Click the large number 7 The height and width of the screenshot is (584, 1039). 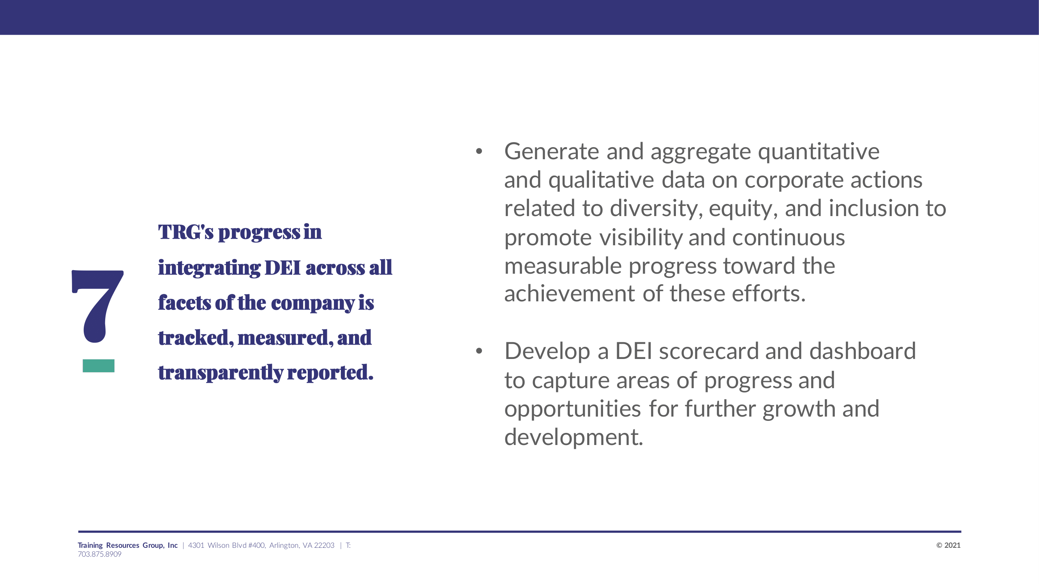click(98, 306)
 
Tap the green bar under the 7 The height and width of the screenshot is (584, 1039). click(99, 366)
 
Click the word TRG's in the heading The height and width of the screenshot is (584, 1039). click(185, 232)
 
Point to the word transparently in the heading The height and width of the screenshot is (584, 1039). click(221, 373)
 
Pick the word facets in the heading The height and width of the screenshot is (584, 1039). click(184, 302)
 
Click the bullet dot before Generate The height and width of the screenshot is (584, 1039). click(479, 151)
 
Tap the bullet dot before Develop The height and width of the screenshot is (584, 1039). click(479, 351)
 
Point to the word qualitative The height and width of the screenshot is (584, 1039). click(601, 180)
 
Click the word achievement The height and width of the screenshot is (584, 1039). click(570, 294)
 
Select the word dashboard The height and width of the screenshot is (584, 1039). click(863, 351)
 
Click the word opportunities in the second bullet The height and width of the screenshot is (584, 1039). click(572, 410)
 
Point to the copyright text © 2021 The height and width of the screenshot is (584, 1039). click(948, 545)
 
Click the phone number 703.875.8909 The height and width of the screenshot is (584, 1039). click(100, 554)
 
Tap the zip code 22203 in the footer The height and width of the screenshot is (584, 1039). click(324, 545)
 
